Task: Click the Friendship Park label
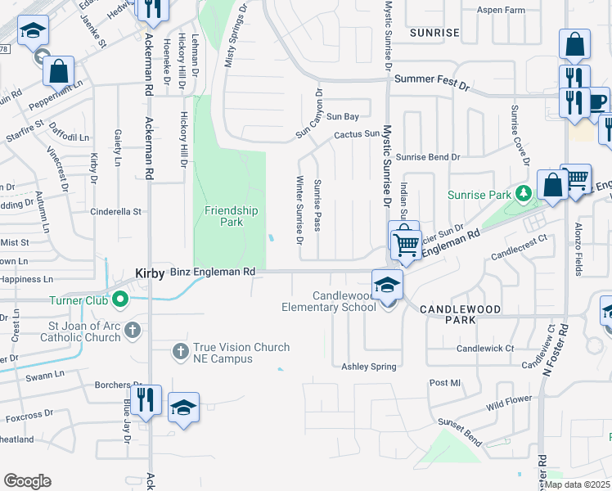point(231,216)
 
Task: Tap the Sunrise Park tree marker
point(522,194)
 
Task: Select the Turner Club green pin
point(120,300)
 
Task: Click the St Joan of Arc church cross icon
point(132,331)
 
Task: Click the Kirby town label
point(149,273)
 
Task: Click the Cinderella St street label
point(115,211)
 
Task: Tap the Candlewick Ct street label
point(485,348)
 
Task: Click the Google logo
point(27,481)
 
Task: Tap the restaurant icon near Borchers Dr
point(146,400)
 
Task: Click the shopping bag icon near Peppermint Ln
point(59,71)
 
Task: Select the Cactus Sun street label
point(357,133)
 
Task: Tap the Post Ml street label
point(445,383)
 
